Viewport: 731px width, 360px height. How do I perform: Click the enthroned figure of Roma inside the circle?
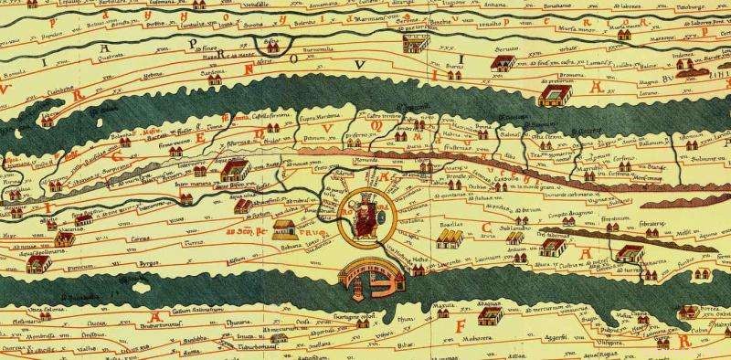(365, 218)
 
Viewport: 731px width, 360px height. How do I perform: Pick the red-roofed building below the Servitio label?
(501, 63)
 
